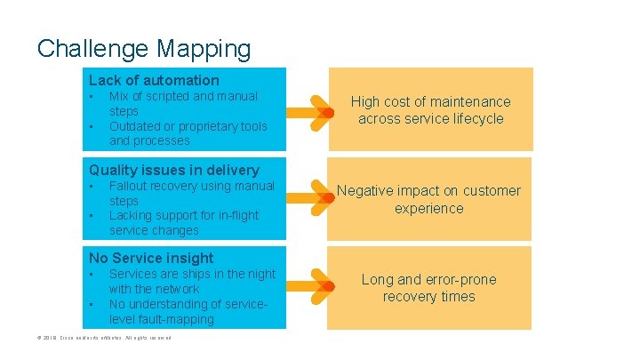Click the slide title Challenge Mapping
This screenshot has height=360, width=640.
[x=144, y=48]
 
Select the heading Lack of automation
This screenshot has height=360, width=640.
[x=154, y=80]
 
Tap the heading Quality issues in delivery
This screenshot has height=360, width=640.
[x=173, y=170]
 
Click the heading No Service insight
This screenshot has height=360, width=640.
[x=151, y=258]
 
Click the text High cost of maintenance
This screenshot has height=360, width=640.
[x=429, y=110]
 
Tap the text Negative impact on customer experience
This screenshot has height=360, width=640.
[x=428, y=199]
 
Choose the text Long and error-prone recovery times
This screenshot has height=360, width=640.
[x=428, y=288]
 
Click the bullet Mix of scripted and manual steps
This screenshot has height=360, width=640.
[x=182, y=103]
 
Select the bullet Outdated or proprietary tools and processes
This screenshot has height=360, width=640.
[x=188, y=133]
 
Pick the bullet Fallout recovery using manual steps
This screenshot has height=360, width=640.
[x=191, y=193]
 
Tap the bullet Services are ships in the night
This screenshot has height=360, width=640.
[x=191, y=281]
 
